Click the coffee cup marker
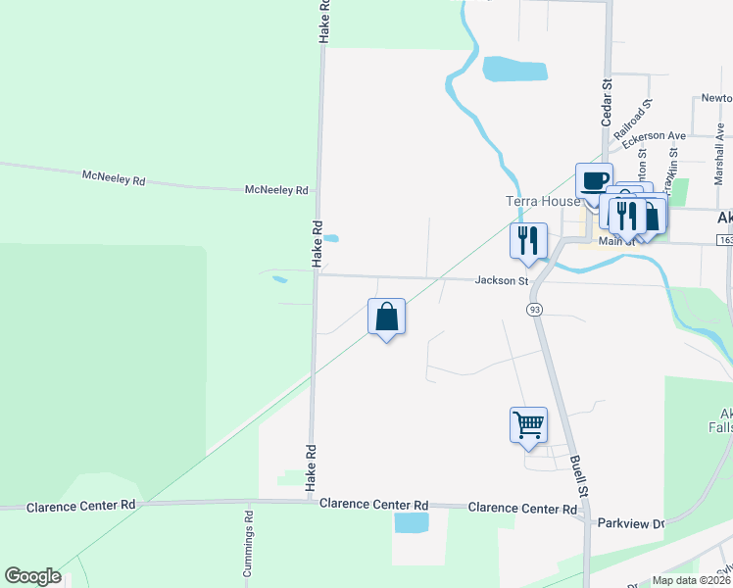[x=593, y=181]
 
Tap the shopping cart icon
[x=528, y=425]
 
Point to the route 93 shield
[x=534, y=310]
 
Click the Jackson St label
[x=502, y=281]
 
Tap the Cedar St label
[x=607, y=99]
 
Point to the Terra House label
[x=543, y=202]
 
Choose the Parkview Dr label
[x=631, y=524]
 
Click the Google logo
[x=32, y=576]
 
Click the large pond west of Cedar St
[x=513, y=70]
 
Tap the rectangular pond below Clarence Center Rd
[x=412, y=522]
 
